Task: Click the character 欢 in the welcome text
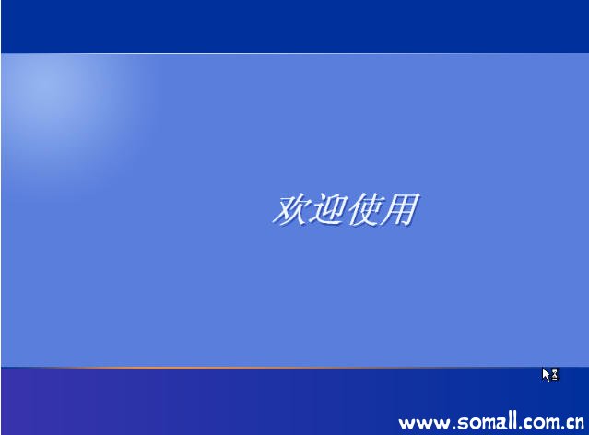[x=290, y=209]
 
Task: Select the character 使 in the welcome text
[x=363, y=209]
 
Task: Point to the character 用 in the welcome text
[x=400, y=209]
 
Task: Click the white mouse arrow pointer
[x=546, y=374]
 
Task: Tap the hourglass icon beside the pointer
[x=555, y=374]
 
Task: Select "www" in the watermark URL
[x=424, y=424]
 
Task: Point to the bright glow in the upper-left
[x=49, y=90]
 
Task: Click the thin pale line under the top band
[x=295, y=53]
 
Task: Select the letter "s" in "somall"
[x=463, y=424]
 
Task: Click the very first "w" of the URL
[x=406, y=424]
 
